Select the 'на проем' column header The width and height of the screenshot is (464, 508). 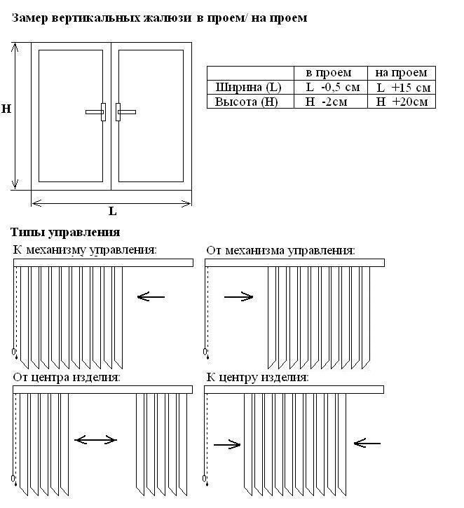400,73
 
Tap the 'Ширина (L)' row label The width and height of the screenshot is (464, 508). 248,88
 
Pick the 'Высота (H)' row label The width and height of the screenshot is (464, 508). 247,102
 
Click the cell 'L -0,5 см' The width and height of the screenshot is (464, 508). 332,88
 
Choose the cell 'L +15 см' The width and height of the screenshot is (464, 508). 402,88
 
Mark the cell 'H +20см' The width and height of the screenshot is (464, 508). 402,102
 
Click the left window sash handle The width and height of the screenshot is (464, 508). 97,111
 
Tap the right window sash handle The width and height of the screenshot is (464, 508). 124,111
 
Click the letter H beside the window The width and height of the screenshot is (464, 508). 6,109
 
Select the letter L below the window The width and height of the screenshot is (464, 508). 112,211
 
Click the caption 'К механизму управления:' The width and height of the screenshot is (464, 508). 85,249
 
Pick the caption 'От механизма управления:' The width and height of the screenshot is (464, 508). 280,249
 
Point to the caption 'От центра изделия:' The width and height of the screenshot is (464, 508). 67,377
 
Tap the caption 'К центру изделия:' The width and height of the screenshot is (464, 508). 257,377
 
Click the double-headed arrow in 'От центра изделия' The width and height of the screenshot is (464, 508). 95,440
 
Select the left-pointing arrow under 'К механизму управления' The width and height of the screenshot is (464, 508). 151,297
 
